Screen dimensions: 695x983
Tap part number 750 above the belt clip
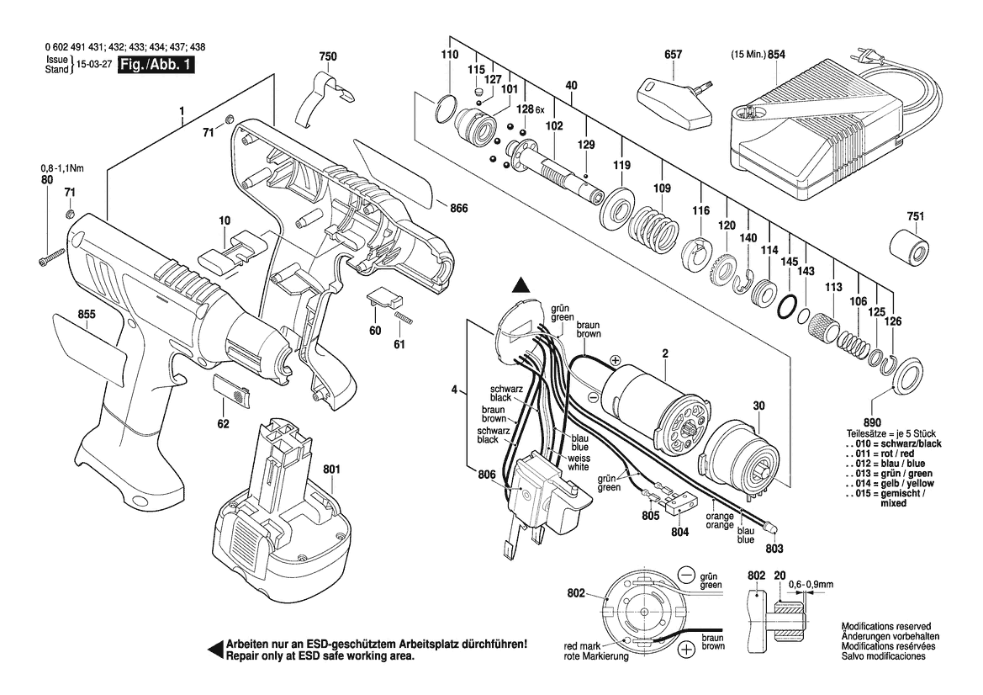[327, 56]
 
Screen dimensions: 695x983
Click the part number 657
[673, 55]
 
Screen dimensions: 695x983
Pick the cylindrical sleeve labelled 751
[910, 249]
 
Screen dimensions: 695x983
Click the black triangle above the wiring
[522, 287]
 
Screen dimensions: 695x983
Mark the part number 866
[457, 209]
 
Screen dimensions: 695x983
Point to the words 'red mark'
[580, 646]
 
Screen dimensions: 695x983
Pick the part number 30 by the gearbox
[758, 406]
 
